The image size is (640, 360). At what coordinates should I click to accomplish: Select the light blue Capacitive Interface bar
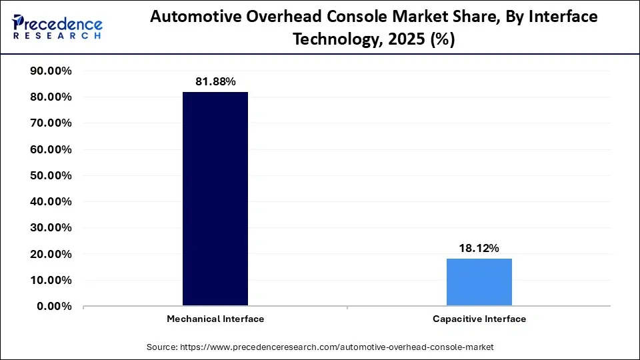pyautogui.click(x=479, y=282)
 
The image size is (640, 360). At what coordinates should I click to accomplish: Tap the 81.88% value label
pyautogui.click(x=215, y=81)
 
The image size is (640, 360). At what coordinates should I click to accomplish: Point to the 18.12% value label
pyautogui.click(x=479, y=248)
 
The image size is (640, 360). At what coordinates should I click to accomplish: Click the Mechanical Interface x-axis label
pyautogui.click(x=215, y=319)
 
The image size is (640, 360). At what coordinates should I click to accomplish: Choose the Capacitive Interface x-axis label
pyautogui.click(x=479, y=319)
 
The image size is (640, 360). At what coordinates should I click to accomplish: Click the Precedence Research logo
pyautogui.click(x=57, y=27)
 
